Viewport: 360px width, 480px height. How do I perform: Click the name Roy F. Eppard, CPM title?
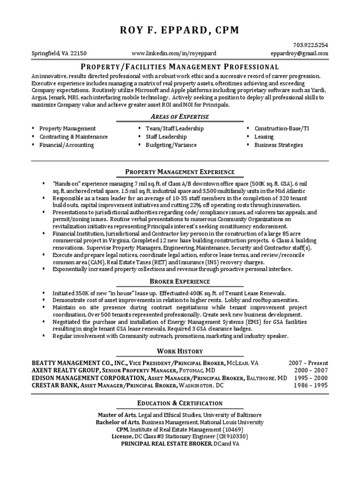tap(180, 30)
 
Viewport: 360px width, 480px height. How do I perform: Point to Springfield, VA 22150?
tap(59, 53)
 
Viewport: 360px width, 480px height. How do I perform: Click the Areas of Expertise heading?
tap(180, 116)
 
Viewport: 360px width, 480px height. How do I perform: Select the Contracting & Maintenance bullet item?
tap(74, 137)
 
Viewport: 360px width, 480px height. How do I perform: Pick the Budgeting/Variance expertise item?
tap(171, 145)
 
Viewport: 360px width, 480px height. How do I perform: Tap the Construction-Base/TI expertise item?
tap(282, 128)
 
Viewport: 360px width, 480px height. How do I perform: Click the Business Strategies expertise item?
tap(278, 145)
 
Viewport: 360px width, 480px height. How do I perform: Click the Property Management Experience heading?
tap(180, 172)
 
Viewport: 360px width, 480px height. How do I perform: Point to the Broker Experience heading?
tap(180, 281)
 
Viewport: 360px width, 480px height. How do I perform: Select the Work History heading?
tap(180, 351)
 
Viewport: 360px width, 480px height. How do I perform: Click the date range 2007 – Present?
tap(308, 363)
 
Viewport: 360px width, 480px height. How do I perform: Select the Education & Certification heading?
tap(180, 403)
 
